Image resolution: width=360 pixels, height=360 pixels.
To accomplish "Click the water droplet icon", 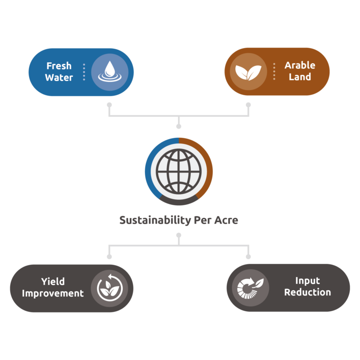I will pos(109,72).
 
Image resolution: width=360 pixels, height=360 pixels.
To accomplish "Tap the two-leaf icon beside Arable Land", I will pos(247,72).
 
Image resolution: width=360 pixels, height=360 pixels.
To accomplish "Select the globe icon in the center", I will pos(179,172).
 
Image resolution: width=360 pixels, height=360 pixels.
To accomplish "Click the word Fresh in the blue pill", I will pos(59,66).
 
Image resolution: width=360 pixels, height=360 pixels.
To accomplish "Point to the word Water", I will pos(59,77).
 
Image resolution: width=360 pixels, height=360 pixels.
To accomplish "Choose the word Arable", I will pos(300,65).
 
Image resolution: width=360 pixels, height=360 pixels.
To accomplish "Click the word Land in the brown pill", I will pos(300,77).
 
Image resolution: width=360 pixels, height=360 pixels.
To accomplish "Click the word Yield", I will pos(52,282).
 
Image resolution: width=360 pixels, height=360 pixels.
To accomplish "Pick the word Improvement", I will pos(52,293).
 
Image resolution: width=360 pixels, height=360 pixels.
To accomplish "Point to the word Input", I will pos(307,281).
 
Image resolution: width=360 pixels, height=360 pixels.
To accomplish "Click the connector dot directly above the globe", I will pos(179,126).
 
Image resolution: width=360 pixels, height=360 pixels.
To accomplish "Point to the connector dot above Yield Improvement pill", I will pos(109,256).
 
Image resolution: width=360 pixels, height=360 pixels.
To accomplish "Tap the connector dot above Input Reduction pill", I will pos(248,256).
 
